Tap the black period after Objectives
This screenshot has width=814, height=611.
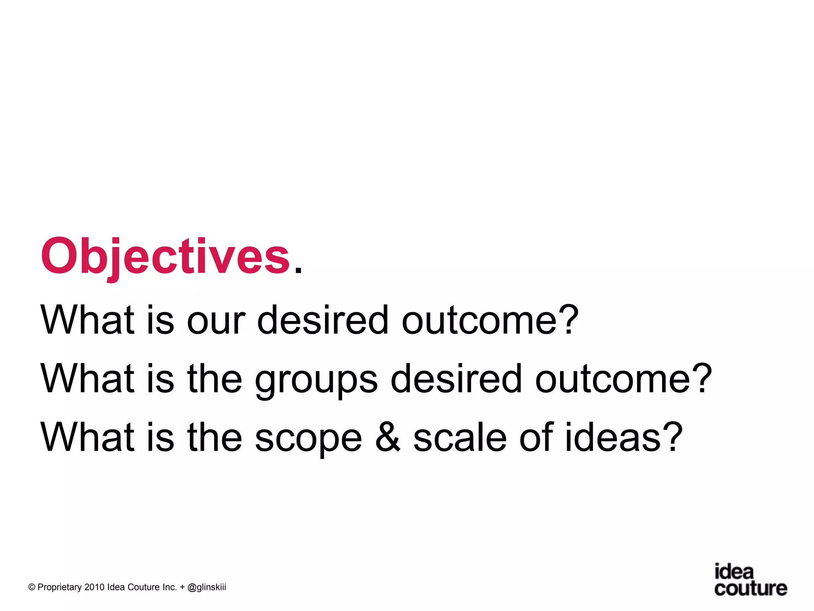click(298, 270)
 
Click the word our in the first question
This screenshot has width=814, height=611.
click(216, 320)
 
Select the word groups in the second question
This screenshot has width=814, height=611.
click(316, 380)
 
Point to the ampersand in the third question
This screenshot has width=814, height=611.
click(388, 437)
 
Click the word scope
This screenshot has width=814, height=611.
click(308, 440)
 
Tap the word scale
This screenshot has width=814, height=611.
click(459, 437)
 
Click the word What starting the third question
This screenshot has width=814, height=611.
click(87, 437)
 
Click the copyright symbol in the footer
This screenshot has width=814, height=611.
click(32, 588)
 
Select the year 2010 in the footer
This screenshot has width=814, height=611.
click(94, 588)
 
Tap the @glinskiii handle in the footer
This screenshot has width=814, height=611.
click(206, 588)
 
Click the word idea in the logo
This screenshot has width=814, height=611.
click(734, 572)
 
